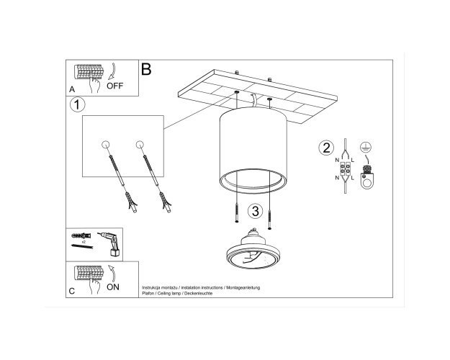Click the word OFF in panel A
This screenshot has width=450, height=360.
pyautogui.click(x=114, y=86)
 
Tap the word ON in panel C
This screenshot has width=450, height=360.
pyautogui.click(x=113, y=287)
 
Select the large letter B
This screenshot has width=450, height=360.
pyautogui.click(x=146, y=69)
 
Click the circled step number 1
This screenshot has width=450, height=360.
pyautogui.click(x=77, y=104)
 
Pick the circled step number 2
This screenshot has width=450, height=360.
pyautogui.click(x=326, y=148)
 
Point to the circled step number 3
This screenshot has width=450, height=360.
pyautogui.click(x=255, y=211)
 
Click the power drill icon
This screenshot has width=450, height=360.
pyautogui.click(x=110, y=243)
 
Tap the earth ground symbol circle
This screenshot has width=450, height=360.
pyautogui.click(x=366, y=148)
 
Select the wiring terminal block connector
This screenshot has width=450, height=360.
pyautogui.click(x=345, y=168)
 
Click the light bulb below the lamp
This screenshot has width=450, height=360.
pyautogui.click(x=252, y=249)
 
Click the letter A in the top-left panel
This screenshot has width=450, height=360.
pyautogui.click(x=72, y=89)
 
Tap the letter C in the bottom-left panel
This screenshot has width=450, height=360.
pyautogui.click(x=72, y=291)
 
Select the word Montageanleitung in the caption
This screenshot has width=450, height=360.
pyautogui.click(x=243, y=287)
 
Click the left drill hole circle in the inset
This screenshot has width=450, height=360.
pyautogui.click(x=106, y=145)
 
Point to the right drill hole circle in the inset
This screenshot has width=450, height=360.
pyautogui.click(x=140, y=145)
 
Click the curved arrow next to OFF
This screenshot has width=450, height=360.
pyautogui.click(x=112, y=71)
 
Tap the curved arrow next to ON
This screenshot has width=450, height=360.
pyautogui.click(x=112, y=273)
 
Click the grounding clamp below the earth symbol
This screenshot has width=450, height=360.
pyautogui.click(x=366, y=177)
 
